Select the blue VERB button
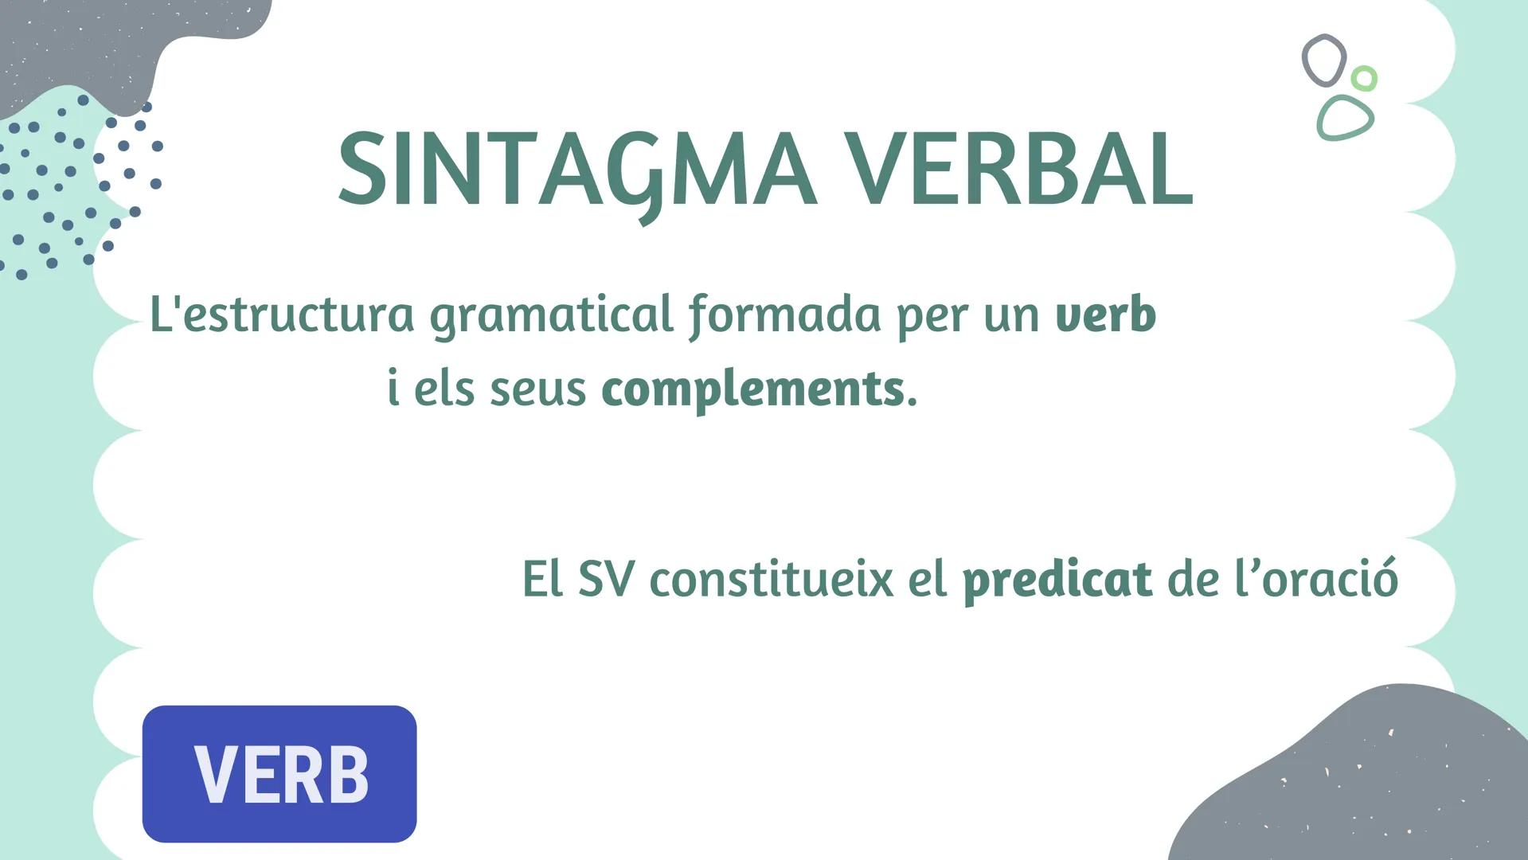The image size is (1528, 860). coord(279,773)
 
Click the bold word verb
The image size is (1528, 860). coord(1105,315)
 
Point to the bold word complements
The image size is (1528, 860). coord(752,389)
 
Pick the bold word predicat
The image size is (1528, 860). coord(1057,580)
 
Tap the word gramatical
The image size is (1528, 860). coord(552,315)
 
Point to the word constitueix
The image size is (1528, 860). coord(771,580)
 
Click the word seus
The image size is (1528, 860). coord(537,389)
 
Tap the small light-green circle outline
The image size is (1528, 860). coord(1364,78)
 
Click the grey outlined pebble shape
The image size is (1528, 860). coord(1323,60)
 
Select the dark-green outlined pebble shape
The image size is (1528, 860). coord(1345,118)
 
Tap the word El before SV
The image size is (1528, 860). coord(542,580)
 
